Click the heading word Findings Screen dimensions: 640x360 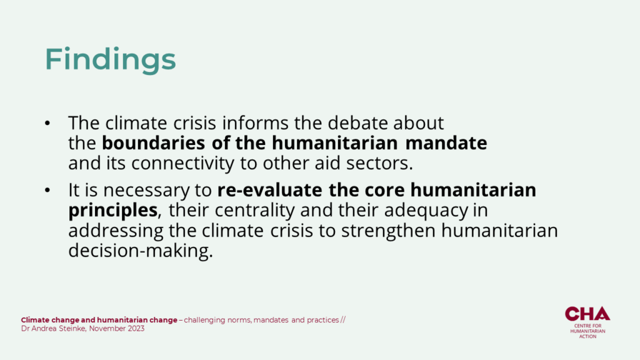point(110,59)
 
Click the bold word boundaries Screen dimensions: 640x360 point(154,143)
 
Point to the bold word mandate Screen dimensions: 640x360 point(446,143)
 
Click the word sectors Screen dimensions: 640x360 point(379,163)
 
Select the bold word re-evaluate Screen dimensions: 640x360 point(270,190)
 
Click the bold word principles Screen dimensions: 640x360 point(112,211)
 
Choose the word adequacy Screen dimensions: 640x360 point(426,211)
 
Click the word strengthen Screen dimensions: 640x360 point(389,231)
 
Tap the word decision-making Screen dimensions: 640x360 point(141,251)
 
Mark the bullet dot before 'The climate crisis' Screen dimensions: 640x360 point(47,123)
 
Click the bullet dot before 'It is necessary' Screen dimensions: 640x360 point(47,190)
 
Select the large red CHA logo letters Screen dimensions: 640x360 point(587,314)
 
